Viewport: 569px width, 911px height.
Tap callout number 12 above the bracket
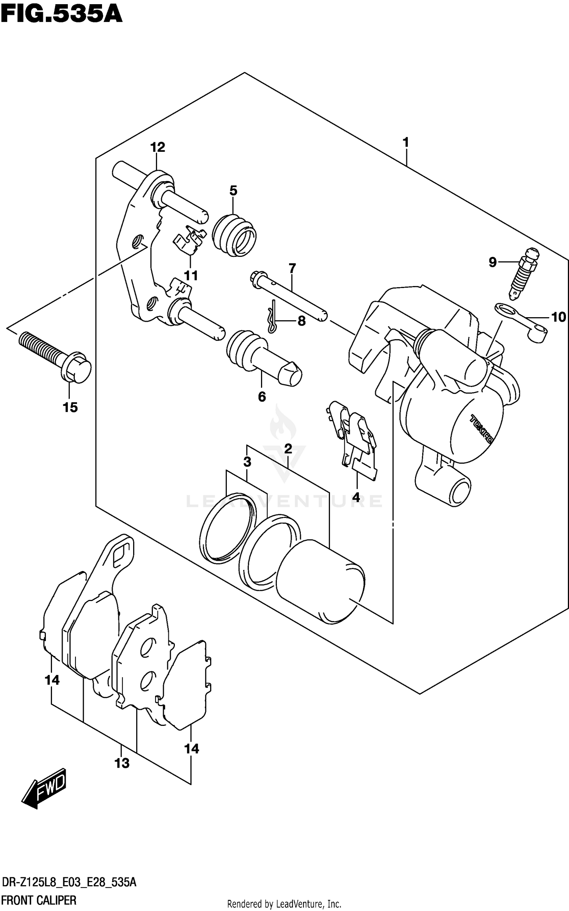tap(158, 147)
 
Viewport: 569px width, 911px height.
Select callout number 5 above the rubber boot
tap(233, 190)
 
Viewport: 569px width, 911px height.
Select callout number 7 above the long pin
tap(292, 269)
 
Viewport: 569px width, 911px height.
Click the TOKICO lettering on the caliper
tap(481, 429)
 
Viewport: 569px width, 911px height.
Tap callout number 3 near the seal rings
tap(247, 462)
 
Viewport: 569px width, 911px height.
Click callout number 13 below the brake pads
tap(122, 763)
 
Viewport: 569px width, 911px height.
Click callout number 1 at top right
tap(406, 143)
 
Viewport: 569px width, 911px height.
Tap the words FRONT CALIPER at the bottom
tap(39, 900)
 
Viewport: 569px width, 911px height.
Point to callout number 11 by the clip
tap(191, 275)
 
